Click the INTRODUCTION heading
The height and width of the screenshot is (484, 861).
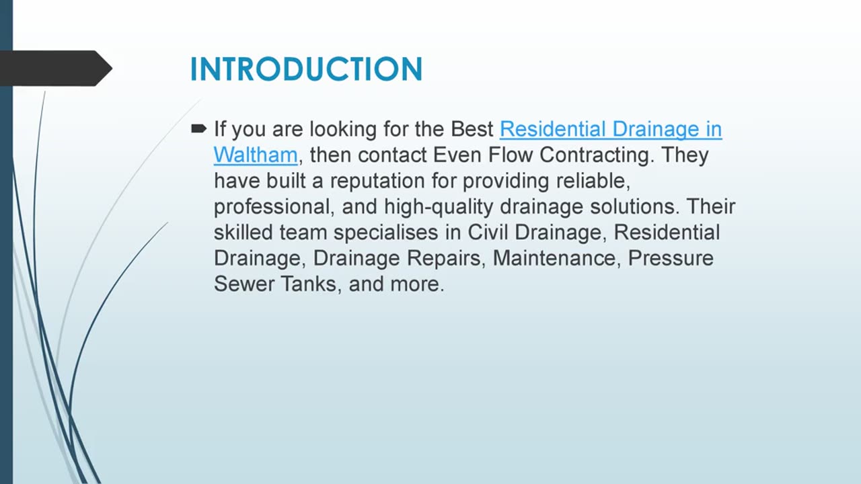click(x=306, y=69)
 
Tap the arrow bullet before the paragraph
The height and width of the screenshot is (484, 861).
click(x=198, y=128)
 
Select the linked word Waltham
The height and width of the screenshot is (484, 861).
click(x=255, y=155)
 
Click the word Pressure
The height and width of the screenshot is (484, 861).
click(x=671, y=257)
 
